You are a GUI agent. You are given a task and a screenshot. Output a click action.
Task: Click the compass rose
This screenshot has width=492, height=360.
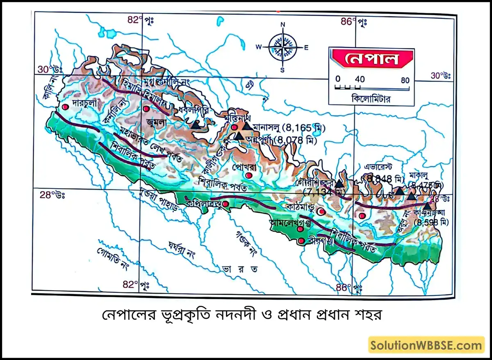[x=282, y=46]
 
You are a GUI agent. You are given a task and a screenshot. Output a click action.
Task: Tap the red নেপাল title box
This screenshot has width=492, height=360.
[x=372, y=59]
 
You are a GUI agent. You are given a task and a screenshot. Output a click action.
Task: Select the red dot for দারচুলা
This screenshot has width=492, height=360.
[x=65, y=107]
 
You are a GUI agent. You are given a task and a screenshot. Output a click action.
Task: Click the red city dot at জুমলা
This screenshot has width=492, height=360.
[x=146, y=109]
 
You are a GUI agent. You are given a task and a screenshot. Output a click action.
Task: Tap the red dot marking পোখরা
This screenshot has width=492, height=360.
[x=248, y=175]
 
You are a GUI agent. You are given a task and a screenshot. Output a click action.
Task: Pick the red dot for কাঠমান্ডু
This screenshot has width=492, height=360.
[x=321, y=212]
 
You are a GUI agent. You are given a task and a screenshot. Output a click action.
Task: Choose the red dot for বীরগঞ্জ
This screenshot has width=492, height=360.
[x=301, y=241]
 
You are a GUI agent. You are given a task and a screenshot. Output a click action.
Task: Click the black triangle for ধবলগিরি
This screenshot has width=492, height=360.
[x=196, y=124]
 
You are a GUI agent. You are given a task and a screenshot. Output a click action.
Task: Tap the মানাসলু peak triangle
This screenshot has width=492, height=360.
[x=247, y=126]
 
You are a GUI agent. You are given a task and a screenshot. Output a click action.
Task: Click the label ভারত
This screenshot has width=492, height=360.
[x=235, y=269]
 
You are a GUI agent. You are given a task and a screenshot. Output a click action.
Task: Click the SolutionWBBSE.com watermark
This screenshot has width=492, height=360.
[x=426, y=345]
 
